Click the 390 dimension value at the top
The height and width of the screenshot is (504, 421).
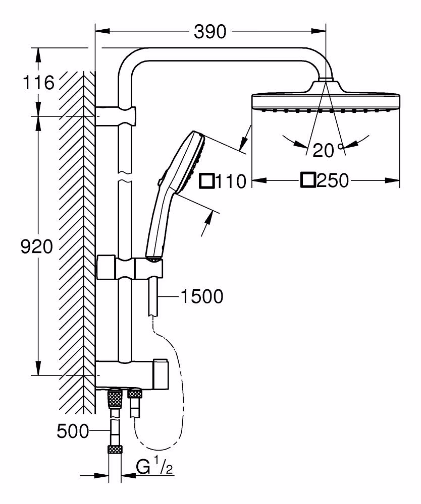coord(210,32)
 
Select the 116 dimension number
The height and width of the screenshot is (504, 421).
coord(38,83)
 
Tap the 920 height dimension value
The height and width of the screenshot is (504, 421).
coord(36,247)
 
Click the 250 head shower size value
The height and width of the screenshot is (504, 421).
coord(333,180)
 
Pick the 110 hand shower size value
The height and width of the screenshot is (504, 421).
coord(231,181)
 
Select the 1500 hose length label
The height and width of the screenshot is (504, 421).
coord(202,296)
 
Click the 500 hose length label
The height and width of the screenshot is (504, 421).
coord(73,431)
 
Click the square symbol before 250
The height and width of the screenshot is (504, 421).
coord(308,180)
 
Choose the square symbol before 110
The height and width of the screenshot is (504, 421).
coord(207,181)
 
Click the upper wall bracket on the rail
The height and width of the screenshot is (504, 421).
coord(116,115)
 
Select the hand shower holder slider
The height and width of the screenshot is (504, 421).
coord(129,268)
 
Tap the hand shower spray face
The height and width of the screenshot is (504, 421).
coord(199,162)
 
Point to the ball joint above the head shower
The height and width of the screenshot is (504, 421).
coord(326,80)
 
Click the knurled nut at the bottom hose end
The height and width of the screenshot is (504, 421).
coord(115,450)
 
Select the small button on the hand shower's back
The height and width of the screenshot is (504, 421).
coord(161,181)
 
